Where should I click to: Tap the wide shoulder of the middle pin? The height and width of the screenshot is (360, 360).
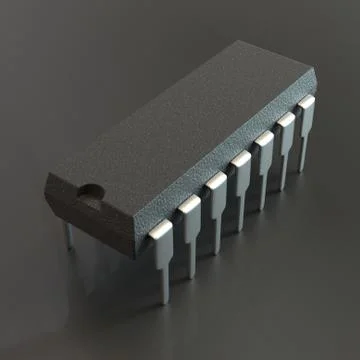pyautogui.click(x=240, y=165)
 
